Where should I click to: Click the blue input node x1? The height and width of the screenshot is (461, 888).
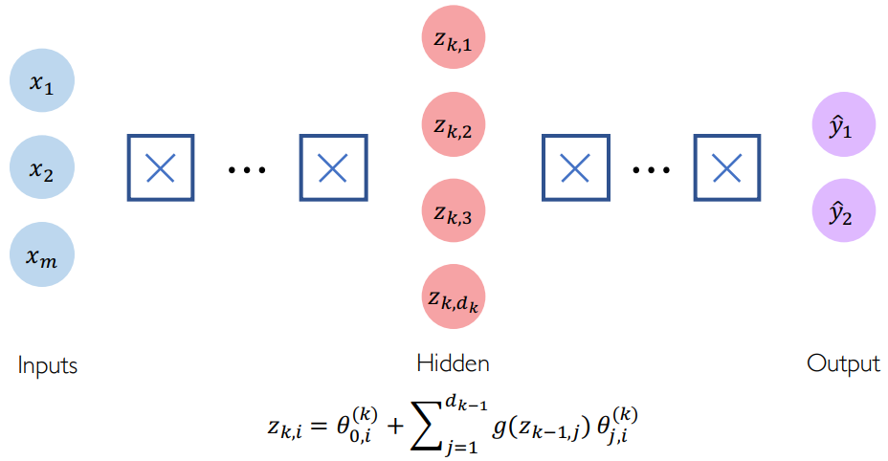(42, 83)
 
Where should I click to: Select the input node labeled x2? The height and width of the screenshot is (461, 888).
(42, 169)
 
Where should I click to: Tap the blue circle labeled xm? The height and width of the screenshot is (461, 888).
(42, 254)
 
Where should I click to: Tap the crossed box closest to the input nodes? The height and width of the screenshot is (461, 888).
(160, 168)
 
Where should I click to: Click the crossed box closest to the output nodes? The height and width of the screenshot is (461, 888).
(727, 168)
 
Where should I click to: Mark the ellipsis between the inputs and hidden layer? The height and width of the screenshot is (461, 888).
(246, 170)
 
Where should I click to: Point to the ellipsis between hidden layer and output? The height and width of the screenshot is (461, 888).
(651, 170)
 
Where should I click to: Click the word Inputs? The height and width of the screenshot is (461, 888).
(47, 365)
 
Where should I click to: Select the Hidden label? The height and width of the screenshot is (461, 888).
(453, 363)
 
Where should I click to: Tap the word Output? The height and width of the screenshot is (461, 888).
(843, 363)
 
